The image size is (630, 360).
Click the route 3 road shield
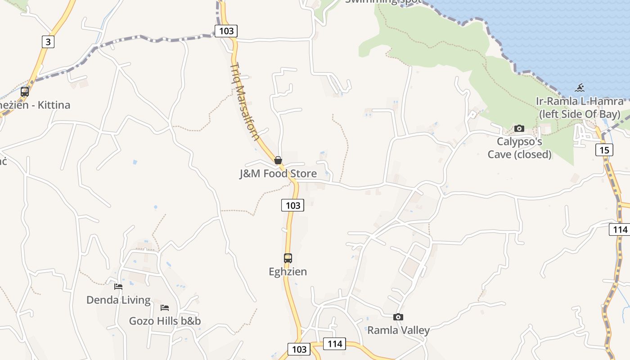(x=48, y=42)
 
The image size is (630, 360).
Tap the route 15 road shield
(x=604, y=149)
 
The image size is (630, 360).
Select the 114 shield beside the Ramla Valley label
(x=335, y=344)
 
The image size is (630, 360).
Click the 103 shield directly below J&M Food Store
(x=293, y=205)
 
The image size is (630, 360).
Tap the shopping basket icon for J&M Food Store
(x=278, y=160)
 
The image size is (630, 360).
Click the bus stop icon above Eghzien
(x=288, y=258)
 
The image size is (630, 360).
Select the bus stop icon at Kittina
(x=25, y=92)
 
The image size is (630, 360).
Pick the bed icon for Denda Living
(x=118, y=286)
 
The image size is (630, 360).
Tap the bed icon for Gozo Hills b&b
(x=165, y=308)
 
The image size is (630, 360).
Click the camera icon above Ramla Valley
(x=398, y=317)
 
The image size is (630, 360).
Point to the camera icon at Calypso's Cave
(x=519, y=129)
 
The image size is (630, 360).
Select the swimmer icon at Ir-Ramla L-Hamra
(x=580, y=88)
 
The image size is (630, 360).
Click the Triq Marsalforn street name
(x=244, y=101)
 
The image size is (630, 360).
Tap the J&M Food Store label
(x=278, y=174)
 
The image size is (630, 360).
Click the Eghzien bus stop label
(x=288, y=272)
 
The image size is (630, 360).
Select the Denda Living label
(x=118, y=300)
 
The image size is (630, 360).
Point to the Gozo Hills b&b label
(x=165, y=321)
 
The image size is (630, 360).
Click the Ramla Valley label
(x=398, y=330)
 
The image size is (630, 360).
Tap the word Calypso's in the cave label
(x=519, y=142)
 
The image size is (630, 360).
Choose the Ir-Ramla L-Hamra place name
(x=580, y=101)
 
